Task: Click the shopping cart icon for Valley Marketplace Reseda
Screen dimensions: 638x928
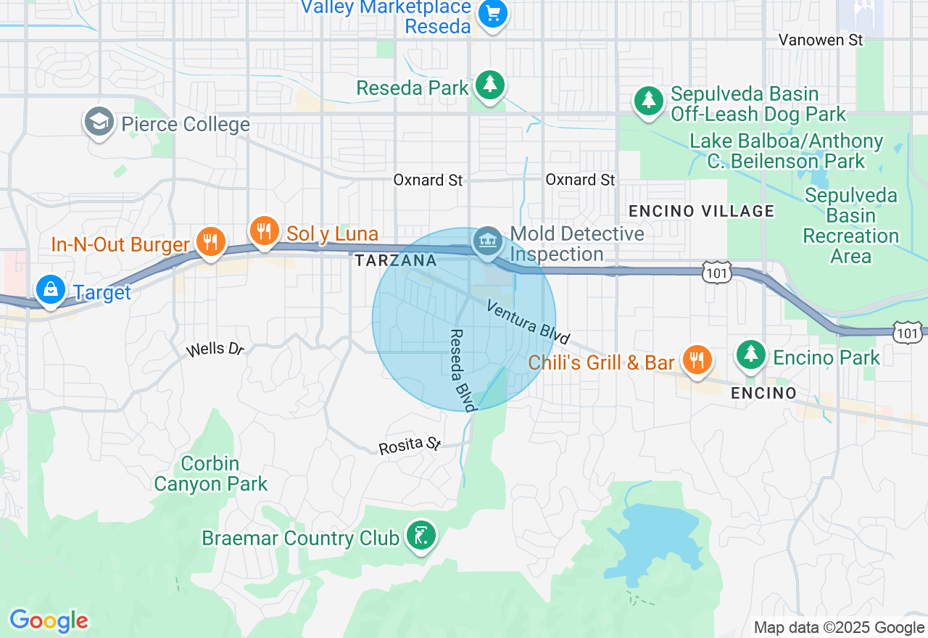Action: coord(493,13)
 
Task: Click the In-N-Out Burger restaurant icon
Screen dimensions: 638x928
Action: coord(211,241)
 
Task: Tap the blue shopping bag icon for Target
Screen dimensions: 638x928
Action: coord(51,289)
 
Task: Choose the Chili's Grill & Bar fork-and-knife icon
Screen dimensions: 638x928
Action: coord(696,360)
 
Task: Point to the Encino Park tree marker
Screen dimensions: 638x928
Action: coord(752,355)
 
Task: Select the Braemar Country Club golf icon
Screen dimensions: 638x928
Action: coord(420,536)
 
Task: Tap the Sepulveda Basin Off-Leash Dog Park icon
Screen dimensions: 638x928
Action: coord(649,101)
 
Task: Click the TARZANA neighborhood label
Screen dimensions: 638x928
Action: coord(396,260)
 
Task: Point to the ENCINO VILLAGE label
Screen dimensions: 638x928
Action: coord(701,211)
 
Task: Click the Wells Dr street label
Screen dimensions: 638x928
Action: coord(215,349)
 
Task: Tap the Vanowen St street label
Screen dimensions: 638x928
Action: coord(821,40)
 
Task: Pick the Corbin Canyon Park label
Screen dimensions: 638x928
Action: coord(211,473)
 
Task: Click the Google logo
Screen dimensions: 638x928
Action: coord(49,621)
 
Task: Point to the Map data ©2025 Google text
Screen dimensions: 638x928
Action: coord(839,628)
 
